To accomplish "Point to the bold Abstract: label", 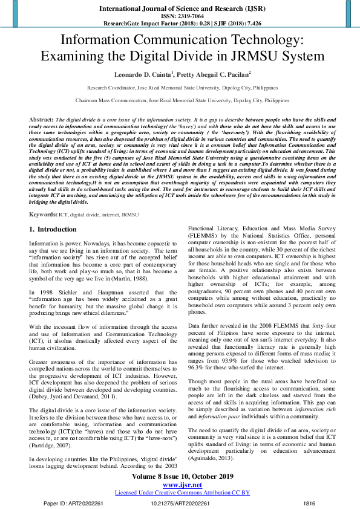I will (41, 120).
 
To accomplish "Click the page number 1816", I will (309, 503).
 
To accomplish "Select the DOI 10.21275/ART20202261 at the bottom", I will (180, 503).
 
